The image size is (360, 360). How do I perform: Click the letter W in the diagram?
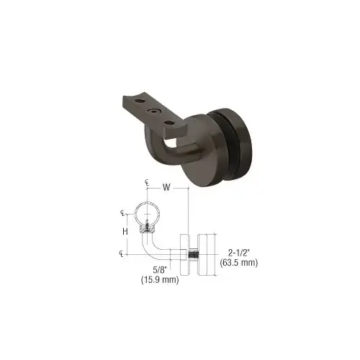click(x=166, y=189)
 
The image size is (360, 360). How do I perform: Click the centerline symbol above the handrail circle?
click(x=147, y=183)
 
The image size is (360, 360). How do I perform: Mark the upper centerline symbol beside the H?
click(x=123, y=213)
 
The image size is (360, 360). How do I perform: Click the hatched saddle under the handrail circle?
click(x=148, y=228)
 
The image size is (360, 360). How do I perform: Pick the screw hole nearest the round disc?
click(x=170, y=123)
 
